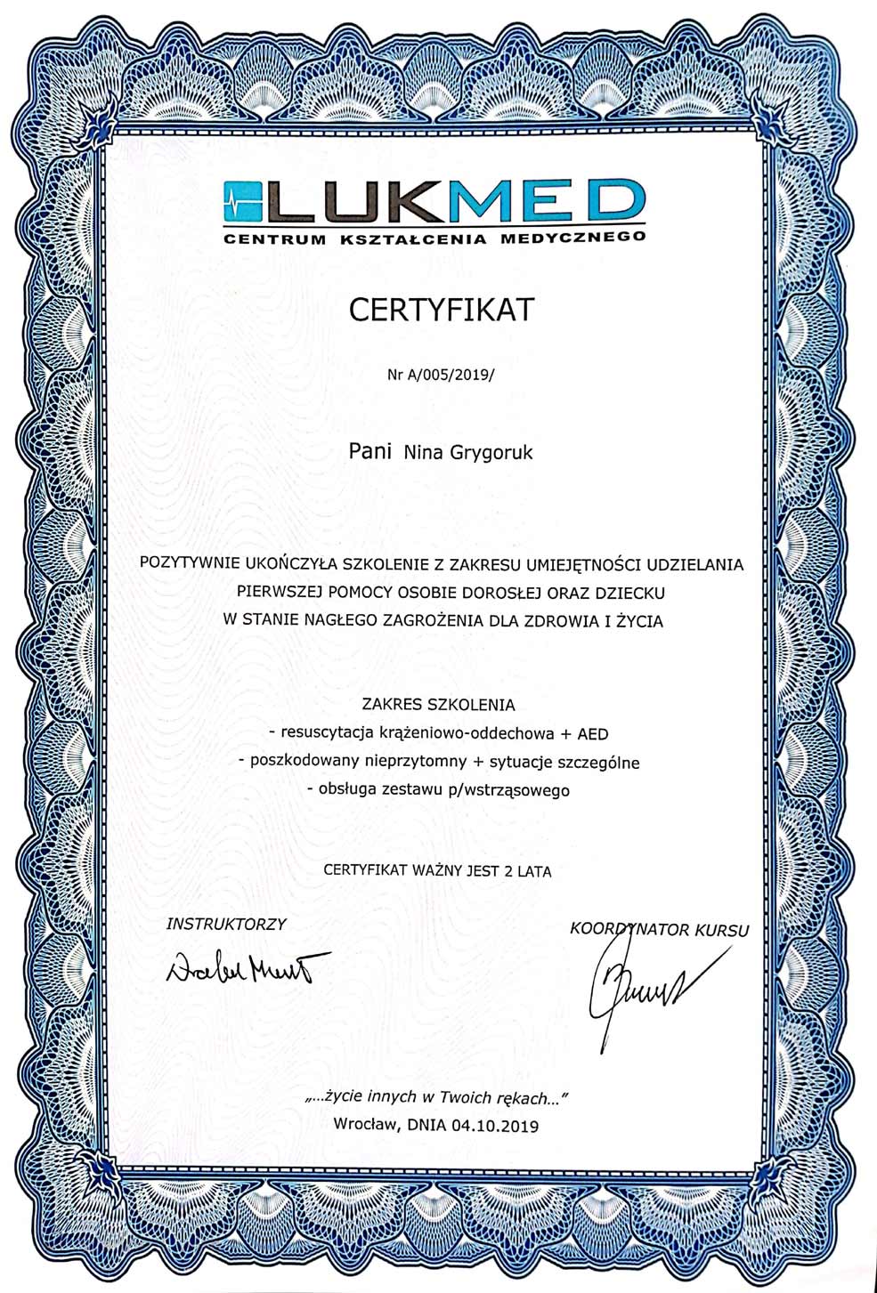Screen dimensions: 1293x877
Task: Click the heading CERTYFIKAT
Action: click(439, 309)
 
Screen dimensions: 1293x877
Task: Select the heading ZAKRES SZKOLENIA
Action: click(438, 704)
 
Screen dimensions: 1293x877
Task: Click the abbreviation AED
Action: click(594, 733)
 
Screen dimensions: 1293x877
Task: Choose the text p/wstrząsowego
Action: click(516, 789)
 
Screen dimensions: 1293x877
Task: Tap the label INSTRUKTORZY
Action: click(226, 924)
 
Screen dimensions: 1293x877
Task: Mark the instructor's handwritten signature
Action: click(248, 966)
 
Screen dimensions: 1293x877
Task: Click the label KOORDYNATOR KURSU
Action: click(659, 931)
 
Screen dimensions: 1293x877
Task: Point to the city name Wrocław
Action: click(365, 1126)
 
